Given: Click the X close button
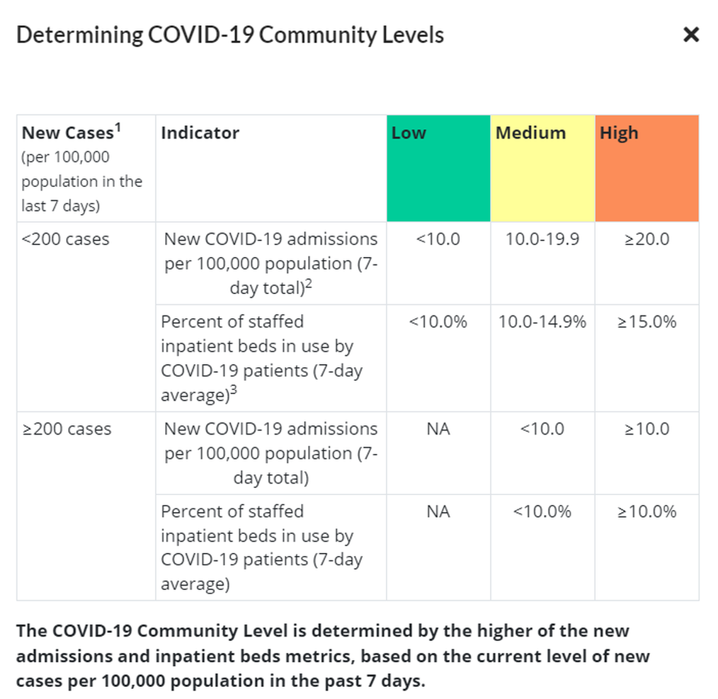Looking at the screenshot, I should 691,35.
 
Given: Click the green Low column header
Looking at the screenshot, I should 438,168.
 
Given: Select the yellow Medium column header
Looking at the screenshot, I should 542,168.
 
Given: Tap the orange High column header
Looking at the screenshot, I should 647,168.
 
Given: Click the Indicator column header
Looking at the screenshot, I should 200,133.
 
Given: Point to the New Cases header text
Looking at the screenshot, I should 67,133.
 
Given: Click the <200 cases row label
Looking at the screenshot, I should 66,239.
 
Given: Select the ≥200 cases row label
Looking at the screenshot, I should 67,429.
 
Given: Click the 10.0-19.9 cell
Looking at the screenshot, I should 542,239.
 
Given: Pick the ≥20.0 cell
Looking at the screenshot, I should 647,239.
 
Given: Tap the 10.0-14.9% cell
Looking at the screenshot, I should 542,322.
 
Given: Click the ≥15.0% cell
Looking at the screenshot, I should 647,322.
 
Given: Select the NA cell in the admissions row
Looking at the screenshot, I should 438,429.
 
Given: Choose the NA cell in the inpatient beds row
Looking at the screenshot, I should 438,511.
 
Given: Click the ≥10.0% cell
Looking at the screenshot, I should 647,511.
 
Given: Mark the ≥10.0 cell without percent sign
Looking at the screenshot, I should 647,429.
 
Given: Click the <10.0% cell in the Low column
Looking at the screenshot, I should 438,322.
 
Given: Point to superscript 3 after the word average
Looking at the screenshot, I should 234,390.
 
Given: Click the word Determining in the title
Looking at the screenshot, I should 79,35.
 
